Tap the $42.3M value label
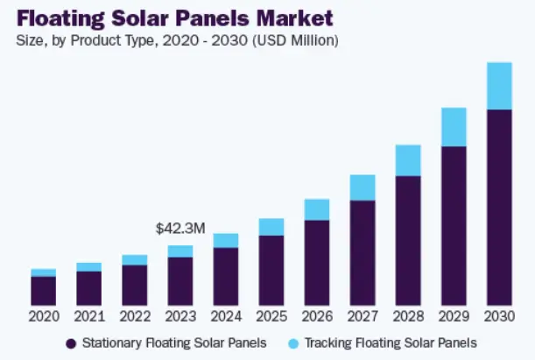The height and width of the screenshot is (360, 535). coord(180,229)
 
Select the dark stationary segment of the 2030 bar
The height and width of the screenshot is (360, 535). coord(498,206)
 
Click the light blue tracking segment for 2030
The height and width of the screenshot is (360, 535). coord(498,86)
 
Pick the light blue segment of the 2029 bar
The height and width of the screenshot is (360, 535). coord(454,127)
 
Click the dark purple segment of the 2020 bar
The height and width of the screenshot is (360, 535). coord(43,290)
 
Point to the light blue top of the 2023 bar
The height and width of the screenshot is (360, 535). coord(180,251)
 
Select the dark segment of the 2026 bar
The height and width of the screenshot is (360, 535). coord(316,261)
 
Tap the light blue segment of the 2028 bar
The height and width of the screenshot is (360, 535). coord(408,160)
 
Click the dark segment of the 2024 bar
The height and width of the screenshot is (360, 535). coord(225,275)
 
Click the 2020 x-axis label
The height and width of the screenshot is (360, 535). coord(43,315)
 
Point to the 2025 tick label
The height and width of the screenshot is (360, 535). coord(271,315)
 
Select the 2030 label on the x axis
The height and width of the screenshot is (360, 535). coord(498,315)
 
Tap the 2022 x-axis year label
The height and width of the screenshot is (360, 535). coord(134,315)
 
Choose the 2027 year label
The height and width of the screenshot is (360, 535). coord(362,315)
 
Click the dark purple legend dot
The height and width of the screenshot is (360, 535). coord(70,342)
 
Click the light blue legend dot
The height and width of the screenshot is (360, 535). coord(293,342)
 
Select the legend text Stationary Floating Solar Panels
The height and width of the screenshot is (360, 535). coord(174,342)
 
